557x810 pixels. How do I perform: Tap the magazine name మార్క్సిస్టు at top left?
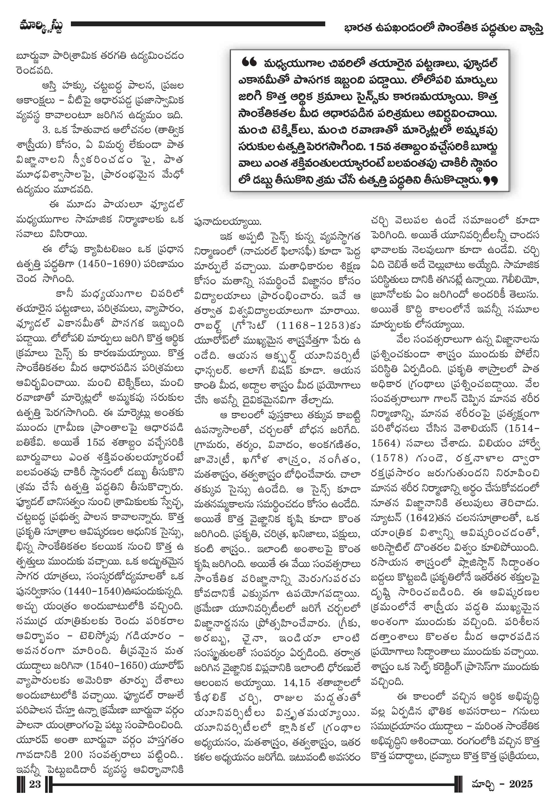click(41, 26)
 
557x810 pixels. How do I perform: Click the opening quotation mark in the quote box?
click(249, 63)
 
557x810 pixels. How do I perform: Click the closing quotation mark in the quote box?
click(490, 181)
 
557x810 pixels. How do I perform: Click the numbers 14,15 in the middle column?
click(297, 682)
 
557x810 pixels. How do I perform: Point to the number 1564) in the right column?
click(385, 443)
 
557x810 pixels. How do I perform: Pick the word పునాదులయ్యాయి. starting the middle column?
click(227, 222)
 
